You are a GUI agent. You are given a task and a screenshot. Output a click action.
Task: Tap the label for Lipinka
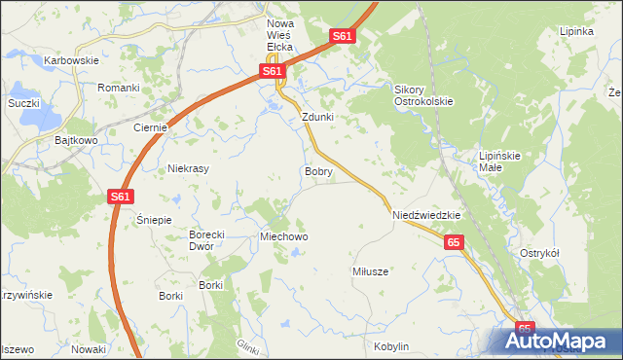[x=576, y=30]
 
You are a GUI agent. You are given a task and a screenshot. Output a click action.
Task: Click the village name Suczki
[x=22, y=102]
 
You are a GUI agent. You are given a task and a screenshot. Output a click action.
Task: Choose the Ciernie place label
[x=152, y=127]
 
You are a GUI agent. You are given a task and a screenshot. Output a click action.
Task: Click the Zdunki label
[x=318, y=117]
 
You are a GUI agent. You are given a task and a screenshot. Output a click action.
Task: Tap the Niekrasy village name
[x=190, y=167]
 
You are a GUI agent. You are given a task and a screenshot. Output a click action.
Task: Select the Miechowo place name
[x=283, y=236]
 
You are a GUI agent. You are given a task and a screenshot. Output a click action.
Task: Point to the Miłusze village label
[x=370, y=271]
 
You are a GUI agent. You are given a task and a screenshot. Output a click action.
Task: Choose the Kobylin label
[x=390, y=346]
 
